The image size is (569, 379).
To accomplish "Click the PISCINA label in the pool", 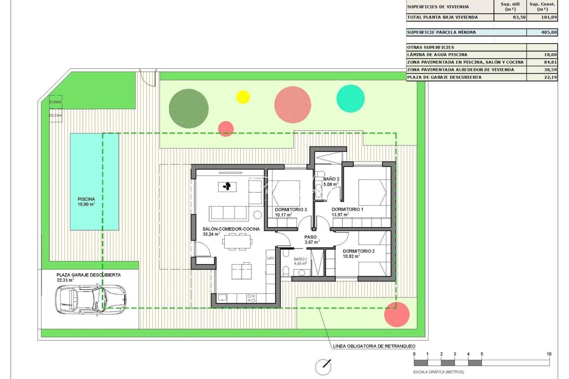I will pos(86,199).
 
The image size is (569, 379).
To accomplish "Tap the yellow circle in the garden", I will pos(243,97).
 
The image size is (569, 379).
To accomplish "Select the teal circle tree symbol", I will pos(350,99).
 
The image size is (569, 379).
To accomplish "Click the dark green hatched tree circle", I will pos(189,108).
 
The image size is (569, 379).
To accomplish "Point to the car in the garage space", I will pos(90,299).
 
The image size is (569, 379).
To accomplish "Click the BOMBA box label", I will pos(55,102).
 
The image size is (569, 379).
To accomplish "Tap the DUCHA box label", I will pos(55,115).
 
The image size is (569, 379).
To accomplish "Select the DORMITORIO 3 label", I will pos(290,210).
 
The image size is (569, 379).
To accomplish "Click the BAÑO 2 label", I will pos(331,179).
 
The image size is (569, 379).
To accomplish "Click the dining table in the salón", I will pos(237,241).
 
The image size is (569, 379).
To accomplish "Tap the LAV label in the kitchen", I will pos(270,258).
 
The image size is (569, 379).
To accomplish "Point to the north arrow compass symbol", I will pos(323,367).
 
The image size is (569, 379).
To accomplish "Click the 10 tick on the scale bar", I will pos(549,354).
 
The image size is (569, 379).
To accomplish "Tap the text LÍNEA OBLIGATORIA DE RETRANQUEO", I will pos(374,346).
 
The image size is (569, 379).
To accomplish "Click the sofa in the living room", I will pos(229,213).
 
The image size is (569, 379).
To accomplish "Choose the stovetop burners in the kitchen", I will pos(251,298).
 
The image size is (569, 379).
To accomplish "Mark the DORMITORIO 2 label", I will pos(358,251).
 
